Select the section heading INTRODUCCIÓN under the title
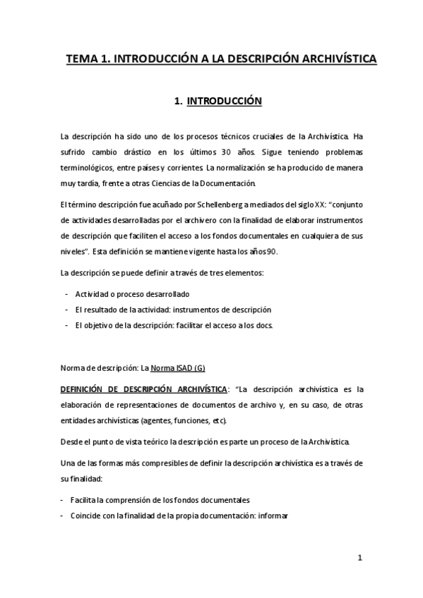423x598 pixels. pos(224,102)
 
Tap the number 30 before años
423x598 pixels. pos(226,152)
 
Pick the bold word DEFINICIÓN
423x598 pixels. pos(83,389)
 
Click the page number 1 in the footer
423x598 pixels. pos(359,559)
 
